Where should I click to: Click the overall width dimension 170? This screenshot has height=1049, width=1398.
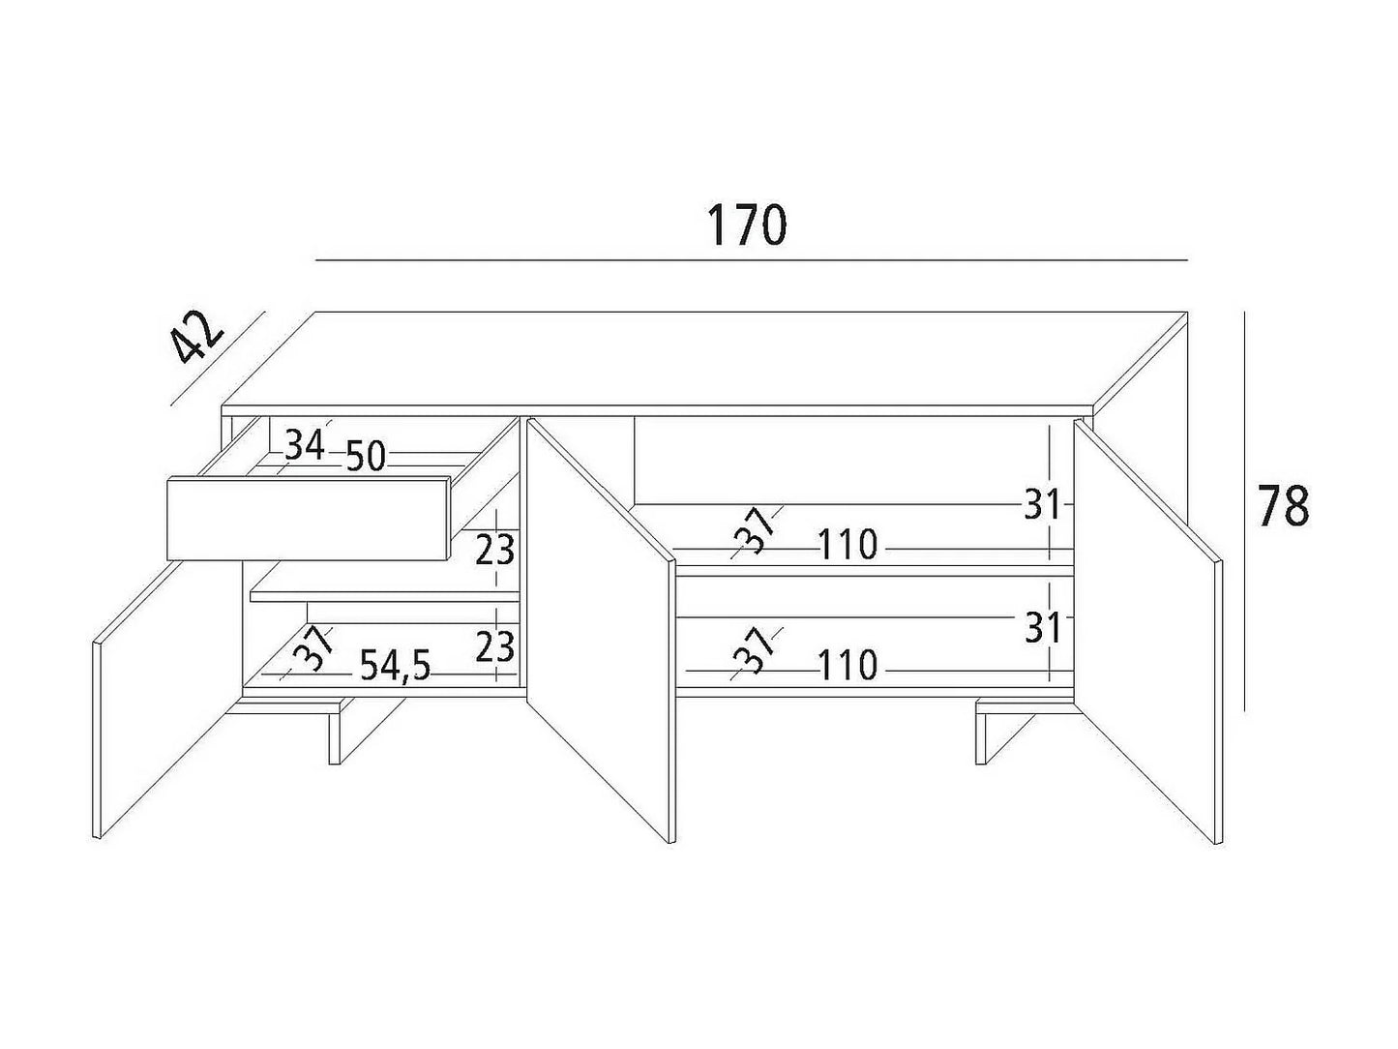click(x=747, y=225)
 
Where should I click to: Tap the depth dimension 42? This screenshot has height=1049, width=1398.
click(x=198, y=337)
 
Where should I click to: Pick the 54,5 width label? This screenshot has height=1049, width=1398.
click(x=396, y=666)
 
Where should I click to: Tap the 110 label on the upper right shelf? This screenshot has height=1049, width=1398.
click(x=848, y=545)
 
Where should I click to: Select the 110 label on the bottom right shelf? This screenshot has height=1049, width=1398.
click(x=848, y=665)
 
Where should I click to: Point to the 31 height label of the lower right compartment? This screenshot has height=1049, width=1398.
click(x=1043, y=627)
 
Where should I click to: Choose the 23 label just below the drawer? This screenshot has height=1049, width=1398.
click(x=495, y=550)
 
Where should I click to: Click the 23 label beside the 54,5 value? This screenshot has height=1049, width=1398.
click(x=495, y=647)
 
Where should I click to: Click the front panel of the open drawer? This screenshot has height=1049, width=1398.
click(x=309, y=520)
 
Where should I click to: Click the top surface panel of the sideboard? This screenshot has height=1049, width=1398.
click(x=703, y=359)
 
